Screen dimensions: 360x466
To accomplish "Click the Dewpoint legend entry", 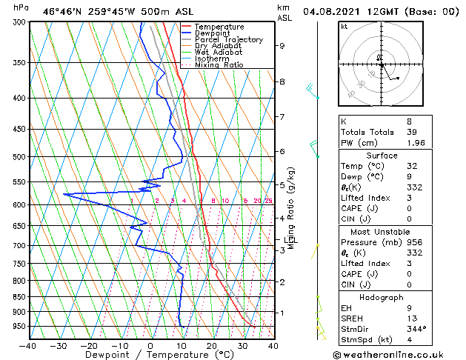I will click(213, 33).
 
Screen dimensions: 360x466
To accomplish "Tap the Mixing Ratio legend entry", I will click(219, 65).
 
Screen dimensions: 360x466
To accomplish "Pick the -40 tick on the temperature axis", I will click(28, 345).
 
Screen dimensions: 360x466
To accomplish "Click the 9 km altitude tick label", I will click(282, 46).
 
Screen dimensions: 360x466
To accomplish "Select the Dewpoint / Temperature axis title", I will click(150, 355).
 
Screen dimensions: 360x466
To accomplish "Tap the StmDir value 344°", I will click(417, 329).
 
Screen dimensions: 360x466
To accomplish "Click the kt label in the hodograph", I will click(344, 27).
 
